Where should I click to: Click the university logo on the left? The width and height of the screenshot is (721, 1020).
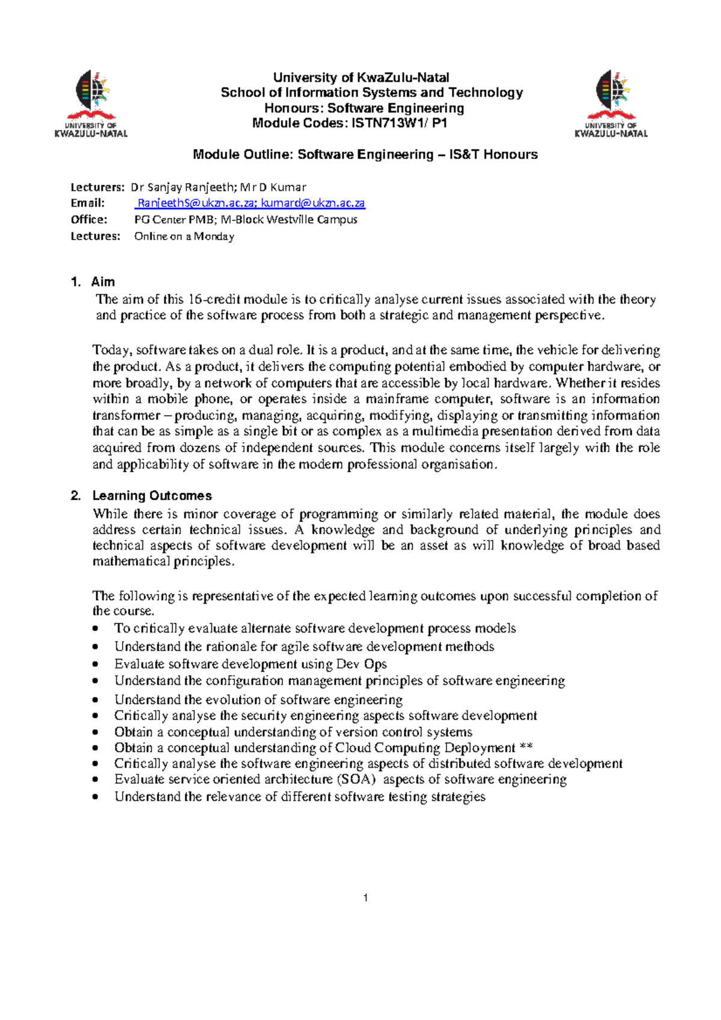click(x=91, y=103)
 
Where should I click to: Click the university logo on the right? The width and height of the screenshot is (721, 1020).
click(x=611, y=103)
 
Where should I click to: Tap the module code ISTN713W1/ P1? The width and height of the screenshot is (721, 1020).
click(x=399, y=124)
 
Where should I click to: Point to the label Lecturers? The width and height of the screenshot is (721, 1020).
click(x=97, y=187)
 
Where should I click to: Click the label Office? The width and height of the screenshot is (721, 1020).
click(x=89, y=219)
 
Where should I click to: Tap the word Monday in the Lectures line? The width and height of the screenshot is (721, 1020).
click(x=214, y=236)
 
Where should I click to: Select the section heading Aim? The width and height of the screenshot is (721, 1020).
click(x=103, y=282)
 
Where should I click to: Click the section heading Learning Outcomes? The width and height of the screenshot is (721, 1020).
click(x=152, y=496)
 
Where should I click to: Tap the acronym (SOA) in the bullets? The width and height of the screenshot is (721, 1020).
click(x=356, y=779)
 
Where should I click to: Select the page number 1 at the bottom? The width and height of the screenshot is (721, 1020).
click(x=365, y=897)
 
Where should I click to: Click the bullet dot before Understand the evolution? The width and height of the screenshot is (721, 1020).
click(x=95, y=700)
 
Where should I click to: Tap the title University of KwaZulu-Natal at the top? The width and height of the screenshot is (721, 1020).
click(x=361, y=77)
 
